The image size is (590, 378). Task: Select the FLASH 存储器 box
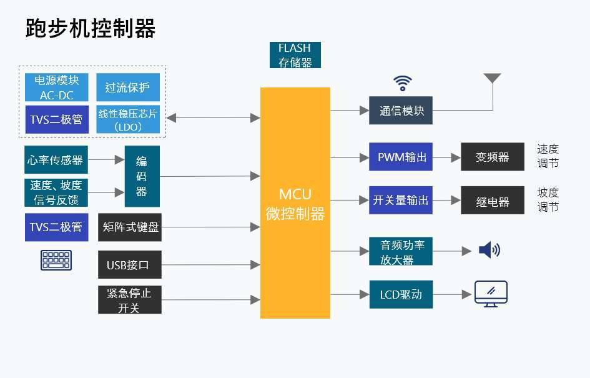[x=295, y=55]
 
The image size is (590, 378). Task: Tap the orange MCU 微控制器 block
[x=295, y=203]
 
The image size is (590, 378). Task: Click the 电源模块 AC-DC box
[x=57, y=87]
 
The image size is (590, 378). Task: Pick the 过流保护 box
[x=127, y=87]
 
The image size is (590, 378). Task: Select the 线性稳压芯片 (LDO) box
[x=127, y=119]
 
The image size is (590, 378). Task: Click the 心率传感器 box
[x=56, y=160]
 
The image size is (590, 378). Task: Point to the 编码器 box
[x=142, y=176]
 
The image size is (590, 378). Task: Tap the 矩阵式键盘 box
[x=130, y=227]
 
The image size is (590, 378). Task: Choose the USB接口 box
[x=130, y=265]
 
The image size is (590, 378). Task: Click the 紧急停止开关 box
[x=130, y=300]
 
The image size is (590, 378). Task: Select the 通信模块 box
[x=400, y=111]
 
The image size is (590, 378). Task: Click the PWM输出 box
[x=400, y=157]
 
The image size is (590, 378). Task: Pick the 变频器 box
[x=493, y=157]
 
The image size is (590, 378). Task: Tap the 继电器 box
[x=493, y=201]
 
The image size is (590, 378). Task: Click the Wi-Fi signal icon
[x=403, y=83]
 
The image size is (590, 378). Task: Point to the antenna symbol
[x=492, y=79]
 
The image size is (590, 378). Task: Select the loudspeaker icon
[x=489, y=251]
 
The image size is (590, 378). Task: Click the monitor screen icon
[x=491, y=293]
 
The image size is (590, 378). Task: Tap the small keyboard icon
[x=56, y=260]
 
